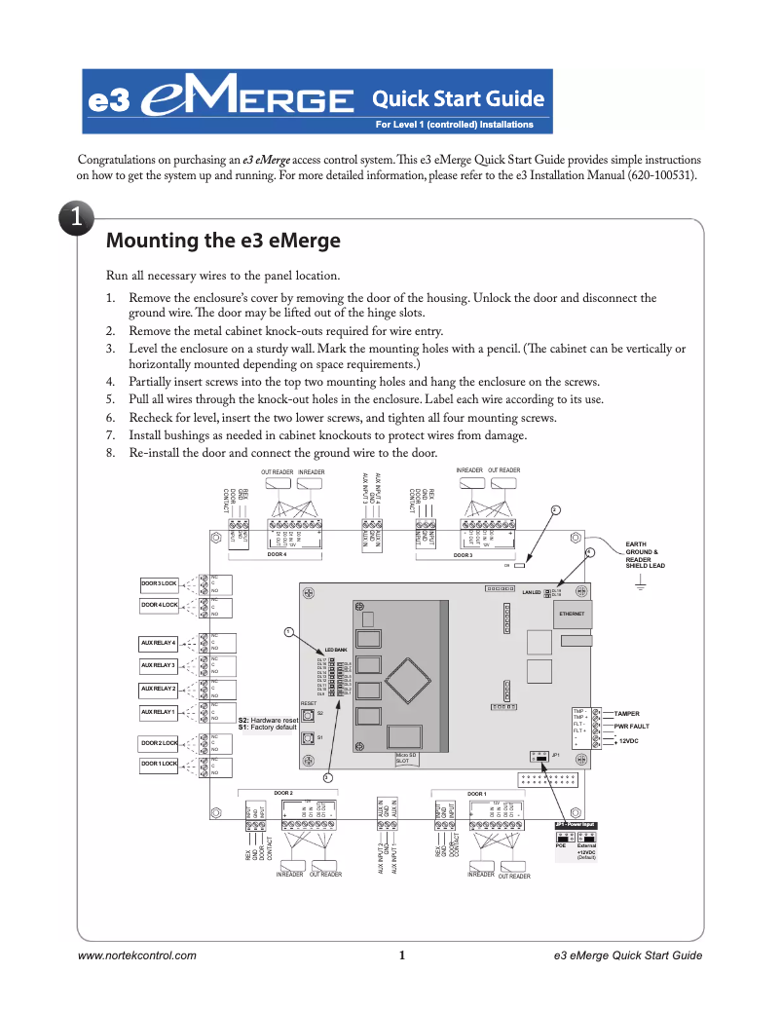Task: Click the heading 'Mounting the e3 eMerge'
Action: (x=222, y=241)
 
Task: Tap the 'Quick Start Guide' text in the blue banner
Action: (x=458, y=98)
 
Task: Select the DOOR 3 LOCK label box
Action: (x=159, y=582)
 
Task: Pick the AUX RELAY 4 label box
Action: (x=159, y=643)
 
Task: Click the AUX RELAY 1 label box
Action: (x=159, y=712)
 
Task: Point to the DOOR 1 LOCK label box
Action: (x=159, y=765)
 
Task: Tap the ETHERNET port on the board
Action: (x=572, y=615)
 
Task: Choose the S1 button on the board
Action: (x=306, y=737)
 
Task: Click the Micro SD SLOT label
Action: (x=406, y=758)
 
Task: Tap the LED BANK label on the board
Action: (x=336, y=649)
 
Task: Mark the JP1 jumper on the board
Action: (x=539, y=755)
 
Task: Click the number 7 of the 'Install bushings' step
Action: (x=111, y=435)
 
